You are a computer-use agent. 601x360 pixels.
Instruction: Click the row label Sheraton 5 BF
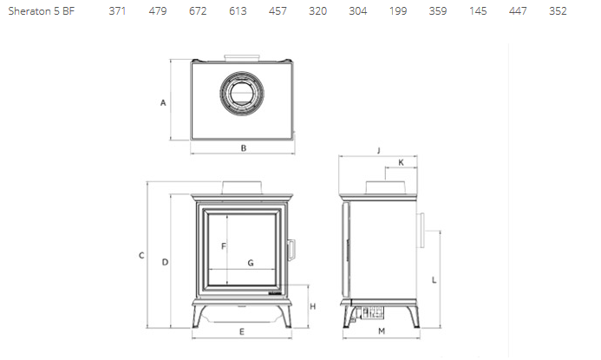42,11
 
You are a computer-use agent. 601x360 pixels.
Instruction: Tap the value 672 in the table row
198,11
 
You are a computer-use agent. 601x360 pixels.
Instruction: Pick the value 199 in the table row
398,11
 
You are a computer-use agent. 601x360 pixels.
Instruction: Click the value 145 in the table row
478,11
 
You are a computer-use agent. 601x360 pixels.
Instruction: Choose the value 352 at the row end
558,11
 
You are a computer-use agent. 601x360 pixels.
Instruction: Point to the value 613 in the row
238,11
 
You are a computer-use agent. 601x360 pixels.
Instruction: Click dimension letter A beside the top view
163,102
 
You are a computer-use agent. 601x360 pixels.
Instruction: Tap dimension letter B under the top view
244,148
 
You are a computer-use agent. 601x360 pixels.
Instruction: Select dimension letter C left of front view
140,255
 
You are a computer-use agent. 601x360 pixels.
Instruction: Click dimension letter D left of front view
164,261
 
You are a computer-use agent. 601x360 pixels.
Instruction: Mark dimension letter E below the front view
242,332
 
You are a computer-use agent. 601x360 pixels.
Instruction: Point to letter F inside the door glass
223,246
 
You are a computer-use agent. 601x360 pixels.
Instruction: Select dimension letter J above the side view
379,150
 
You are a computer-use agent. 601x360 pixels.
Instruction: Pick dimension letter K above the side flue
401,163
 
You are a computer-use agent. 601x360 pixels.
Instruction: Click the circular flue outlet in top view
243,92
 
